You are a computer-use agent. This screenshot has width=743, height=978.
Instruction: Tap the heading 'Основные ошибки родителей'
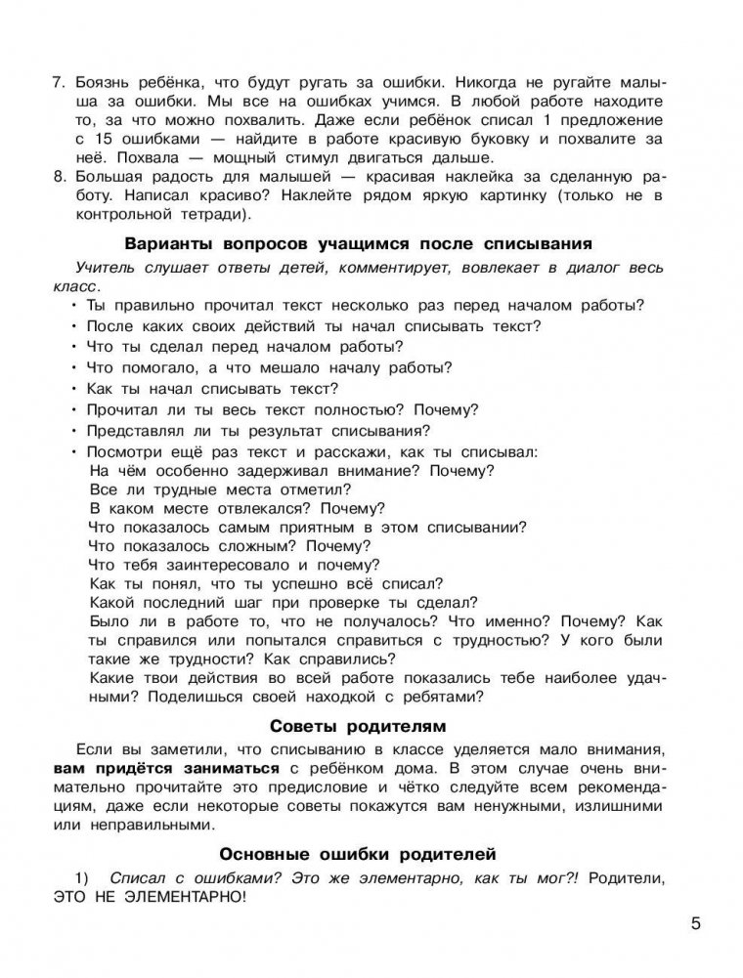pos(358,852)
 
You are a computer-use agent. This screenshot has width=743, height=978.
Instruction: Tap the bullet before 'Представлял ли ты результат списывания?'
pos(74,430)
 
